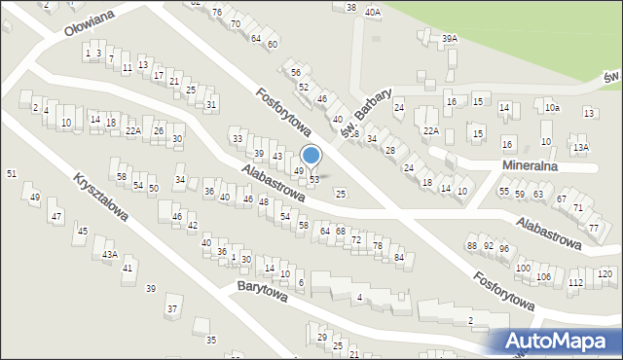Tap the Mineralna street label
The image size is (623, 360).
pos(531,166)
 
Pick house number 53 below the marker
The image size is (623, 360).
pos(314,179)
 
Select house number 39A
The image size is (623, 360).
pos(449,39)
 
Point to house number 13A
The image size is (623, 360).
pos(581,148)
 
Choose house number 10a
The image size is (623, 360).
pos(552,107)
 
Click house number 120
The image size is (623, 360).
pos(605,273)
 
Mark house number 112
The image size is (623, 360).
pos(575,282)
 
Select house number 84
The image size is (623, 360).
pos(399,256)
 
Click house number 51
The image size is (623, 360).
pos(12,173)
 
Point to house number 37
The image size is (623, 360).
pos(172,309)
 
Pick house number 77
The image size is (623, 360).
pos(594,228)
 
